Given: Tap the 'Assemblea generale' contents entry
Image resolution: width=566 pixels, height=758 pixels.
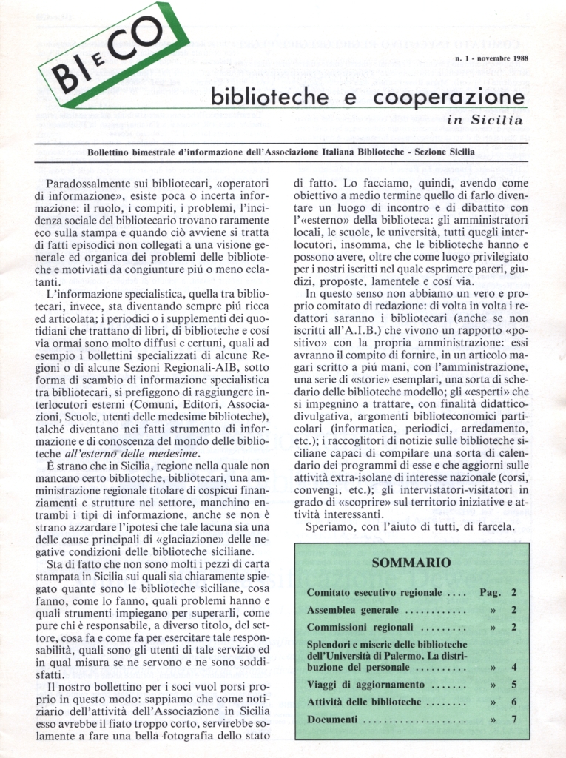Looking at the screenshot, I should click(353, 611).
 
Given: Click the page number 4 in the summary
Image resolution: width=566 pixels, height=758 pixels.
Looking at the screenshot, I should click(513, 667).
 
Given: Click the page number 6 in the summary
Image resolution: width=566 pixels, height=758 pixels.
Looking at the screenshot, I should click(513, 702).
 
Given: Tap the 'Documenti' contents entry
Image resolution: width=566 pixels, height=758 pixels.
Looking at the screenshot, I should click(332, 720).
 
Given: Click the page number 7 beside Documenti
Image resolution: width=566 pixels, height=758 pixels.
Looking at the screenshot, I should click(513, 720).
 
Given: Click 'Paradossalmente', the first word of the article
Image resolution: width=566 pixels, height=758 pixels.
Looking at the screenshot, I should click(90, 183).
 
